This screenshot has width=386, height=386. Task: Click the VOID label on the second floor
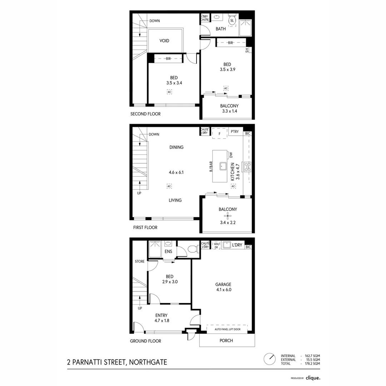[x=164, y=41]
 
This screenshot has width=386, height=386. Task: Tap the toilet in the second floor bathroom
[x=232, y=20]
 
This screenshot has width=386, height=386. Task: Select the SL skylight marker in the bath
[x=232, y=21]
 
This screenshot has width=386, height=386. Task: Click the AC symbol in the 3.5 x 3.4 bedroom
[x=169, y=92]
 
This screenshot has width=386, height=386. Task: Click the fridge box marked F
[x=219, y=133]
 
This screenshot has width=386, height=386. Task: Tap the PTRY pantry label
[x=235, y=132]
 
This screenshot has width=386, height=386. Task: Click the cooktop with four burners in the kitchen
[x=247, y=167]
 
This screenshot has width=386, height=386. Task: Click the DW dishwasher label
[x=231, y=155]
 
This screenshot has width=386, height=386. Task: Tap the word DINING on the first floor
[x=177, y=147]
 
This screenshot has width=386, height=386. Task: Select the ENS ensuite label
[x=168, y=252]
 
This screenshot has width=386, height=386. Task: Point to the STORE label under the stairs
[x=140, y=262]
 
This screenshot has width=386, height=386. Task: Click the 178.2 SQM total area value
[x=312, y=363]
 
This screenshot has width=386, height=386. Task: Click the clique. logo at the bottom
[x=313, y=378]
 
